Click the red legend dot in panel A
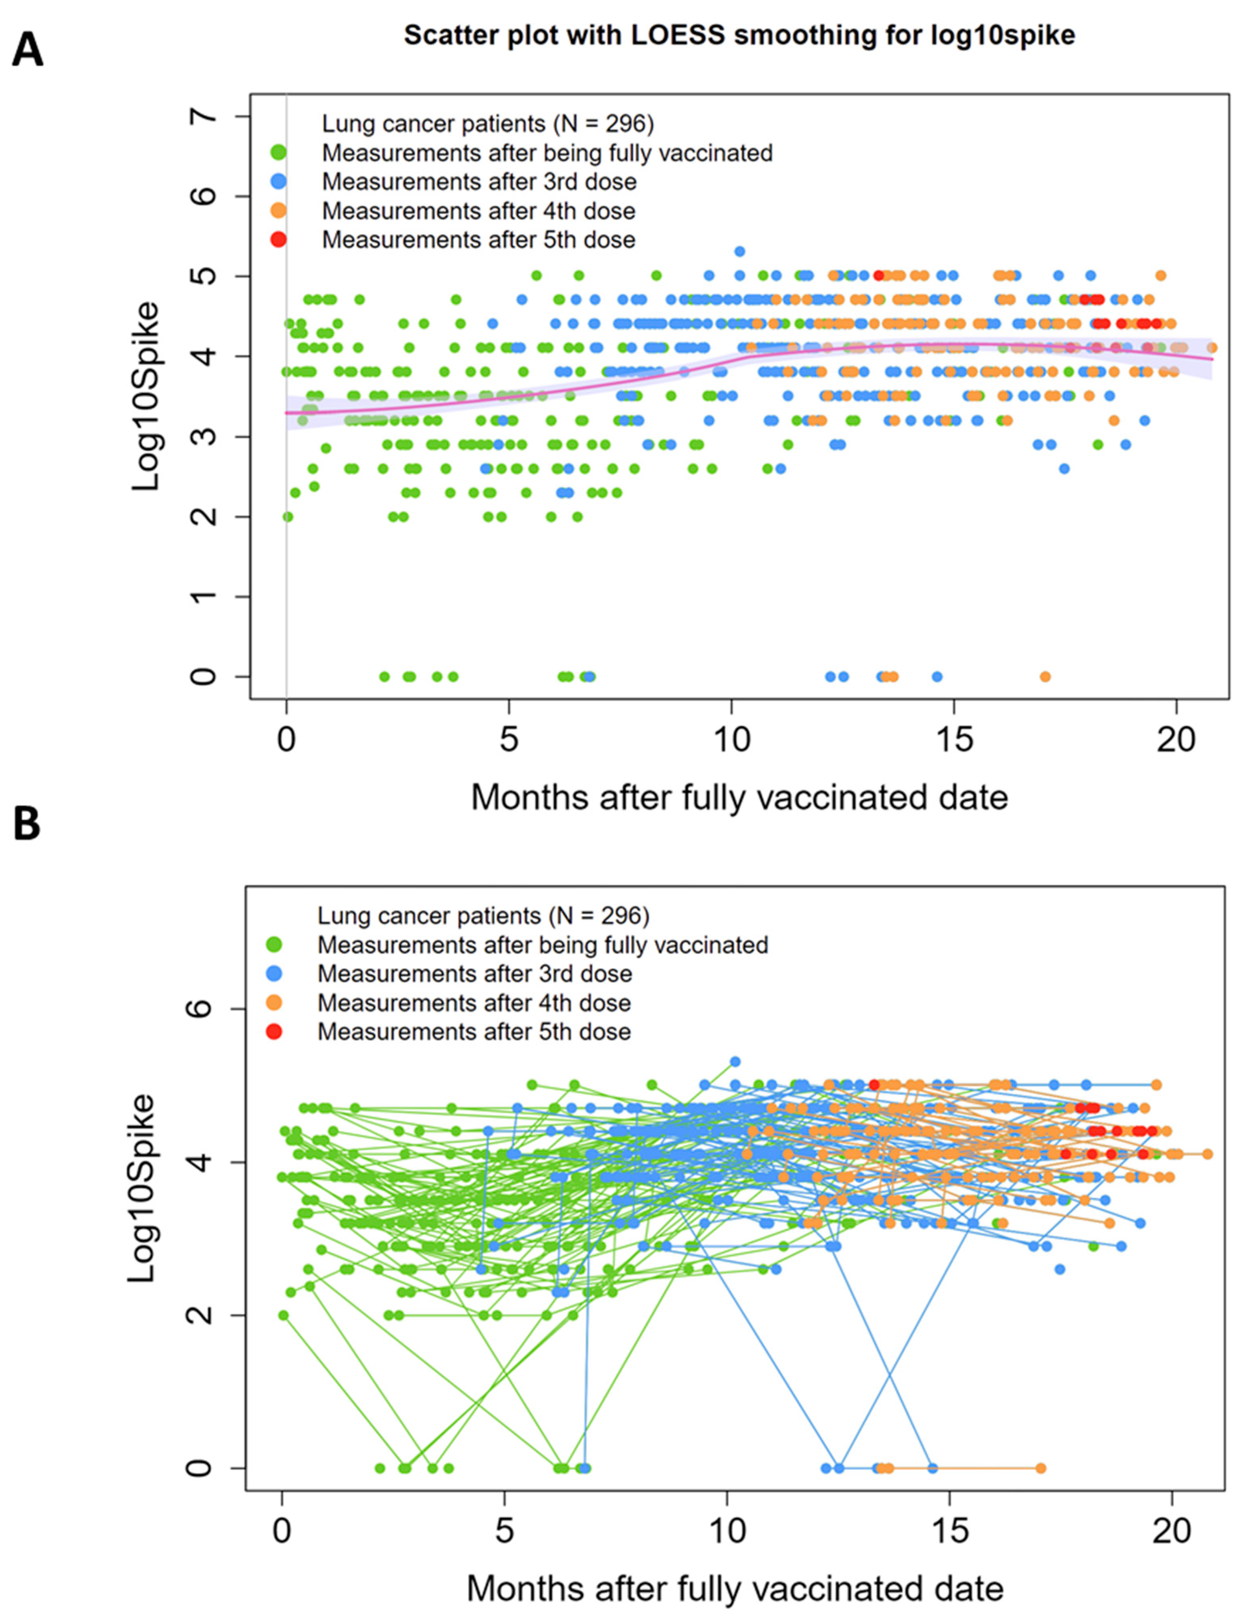point(279,240)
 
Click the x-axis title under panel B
point(734,1588)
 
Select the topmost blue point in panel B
point(735,1062)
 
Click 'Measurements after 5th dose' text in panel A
point(478,240)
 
